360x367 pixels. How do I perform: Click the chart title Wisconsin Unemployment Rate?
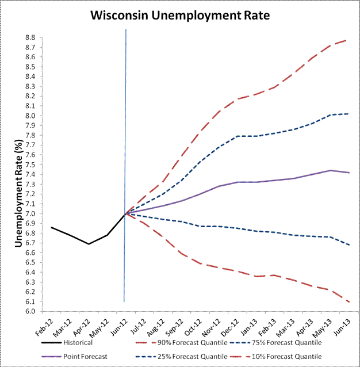tap(180, 16)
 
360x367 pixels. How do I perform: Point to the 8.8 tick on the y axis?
tap(29, 37)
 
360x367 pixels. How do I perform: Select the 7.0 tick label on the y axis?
tap(29, 214)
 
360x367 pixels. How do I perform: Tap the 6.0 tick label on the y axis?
tap(29, 312)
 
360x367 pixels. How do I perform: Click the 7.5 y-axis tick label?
tap(29, 165)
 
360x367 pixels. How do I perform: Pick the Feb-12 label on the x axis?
tap(45, 326)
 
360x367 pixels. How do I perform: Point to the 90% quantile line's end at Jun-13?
tap(346, 40)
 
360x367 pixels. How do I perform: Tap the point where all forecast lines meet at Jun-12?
tap(125, 213)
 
